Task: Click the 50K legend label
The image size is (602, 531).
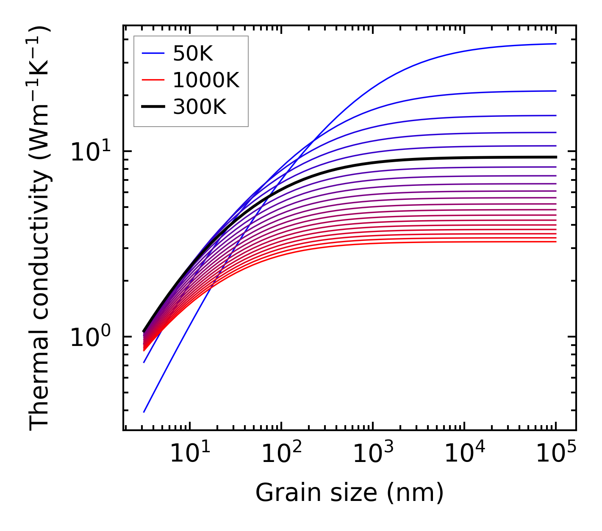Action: coord(193,54)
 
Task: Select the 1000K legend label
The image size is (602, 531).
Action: coord(206,80)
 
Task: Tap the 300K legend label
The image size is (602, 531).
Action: coord(200,107)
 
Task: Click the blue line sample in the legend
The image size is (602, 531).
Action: coord(153,53)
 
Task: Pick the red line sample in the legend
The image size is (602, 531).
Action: coord(153,80)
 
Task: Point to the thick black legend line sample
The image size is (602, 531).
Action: coord(153,107)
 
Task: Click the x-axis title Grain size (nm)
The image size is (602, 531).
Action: coord(350,493)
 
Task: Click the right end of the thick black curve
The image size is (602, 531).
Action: coord(556,157)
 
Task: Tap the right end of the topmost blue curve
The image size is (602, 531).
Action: coord(556,44)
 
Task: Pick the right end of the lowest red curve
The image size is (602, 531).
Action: coord(556,241)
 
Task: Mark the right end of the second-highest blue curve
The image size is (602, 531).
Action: coord(556,91)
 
